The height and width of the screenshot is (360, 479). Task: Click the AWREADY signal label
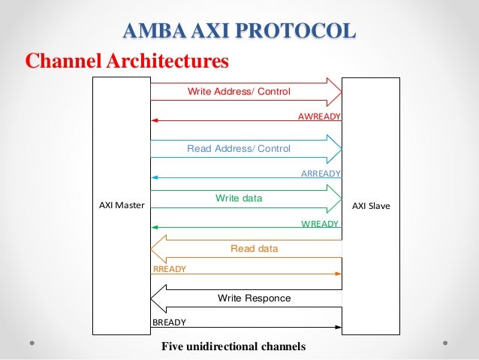point(320,116)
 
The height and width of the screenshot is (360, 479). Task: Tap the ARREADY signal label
point(321,173)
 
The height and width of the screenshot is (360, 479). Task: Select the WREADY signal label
point(321,224)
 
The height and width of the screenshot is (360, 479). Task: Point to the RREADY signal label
point(169,268)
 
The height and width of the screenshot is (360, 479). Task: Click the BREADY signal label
point(169,322)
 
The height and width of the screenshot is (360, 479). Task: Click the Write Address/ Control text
point(239,92)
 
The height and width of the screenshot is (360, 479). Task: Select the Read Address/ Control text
point(239,149)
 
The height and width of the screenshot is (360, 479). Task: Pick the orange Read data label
point(254,248)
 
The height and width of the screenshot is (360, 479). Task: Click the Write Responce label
point(254,298)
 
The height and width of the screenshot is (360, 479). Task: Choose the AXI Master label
point(122,204)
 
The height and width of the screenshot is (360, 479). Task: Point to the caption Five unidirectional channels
point(233,346)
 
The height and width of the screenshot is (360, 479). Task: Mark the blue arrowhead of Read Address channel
point(335,149)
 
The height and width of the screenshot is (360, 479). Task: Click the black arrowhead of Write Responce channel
point(158,298)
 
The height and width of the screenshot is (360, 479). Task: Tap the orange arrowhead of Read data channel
point(158,248)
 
